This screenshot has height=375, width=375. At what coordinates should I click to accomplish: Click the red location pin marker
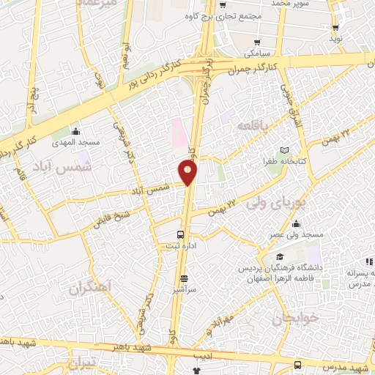click(x=188, y=173)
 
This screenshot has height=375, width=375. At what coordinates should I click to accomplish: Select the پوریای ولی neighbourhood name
click(x=276, y=199)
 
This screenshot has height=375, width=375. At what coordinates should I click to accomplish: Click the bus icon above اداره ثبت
click(x=181, y=235)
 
